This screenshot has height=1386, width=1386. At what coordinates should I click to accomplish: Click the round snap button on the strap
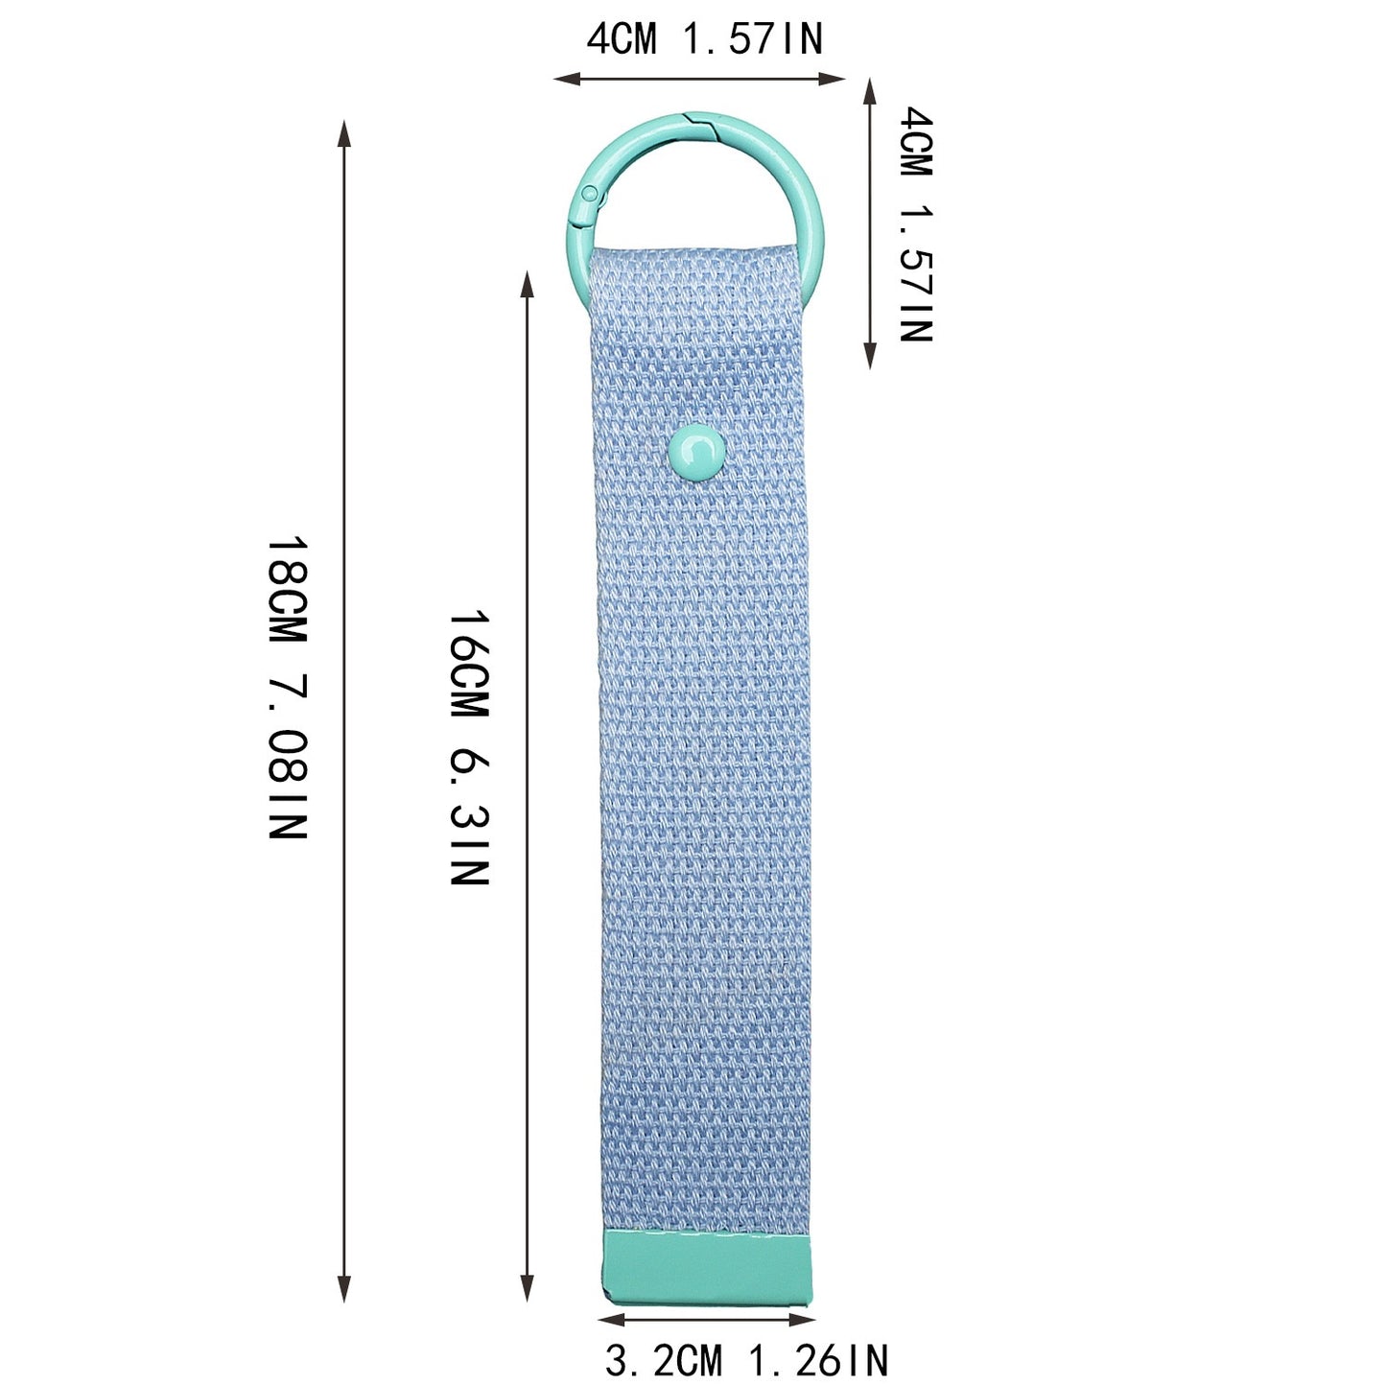695,453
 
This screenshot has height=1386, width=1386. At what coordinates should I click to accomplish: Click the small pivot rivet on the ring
589,192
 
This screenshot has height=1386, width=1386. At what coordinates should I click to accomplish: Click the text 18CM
288,590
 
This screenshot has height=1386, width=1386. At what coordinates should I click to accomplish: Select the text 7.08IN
288,756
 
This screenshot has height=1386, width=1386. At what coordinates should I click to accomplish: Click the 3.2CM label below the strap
663,1360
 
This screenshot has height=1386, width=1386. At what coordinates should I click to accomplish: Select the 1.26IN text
818,1360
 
